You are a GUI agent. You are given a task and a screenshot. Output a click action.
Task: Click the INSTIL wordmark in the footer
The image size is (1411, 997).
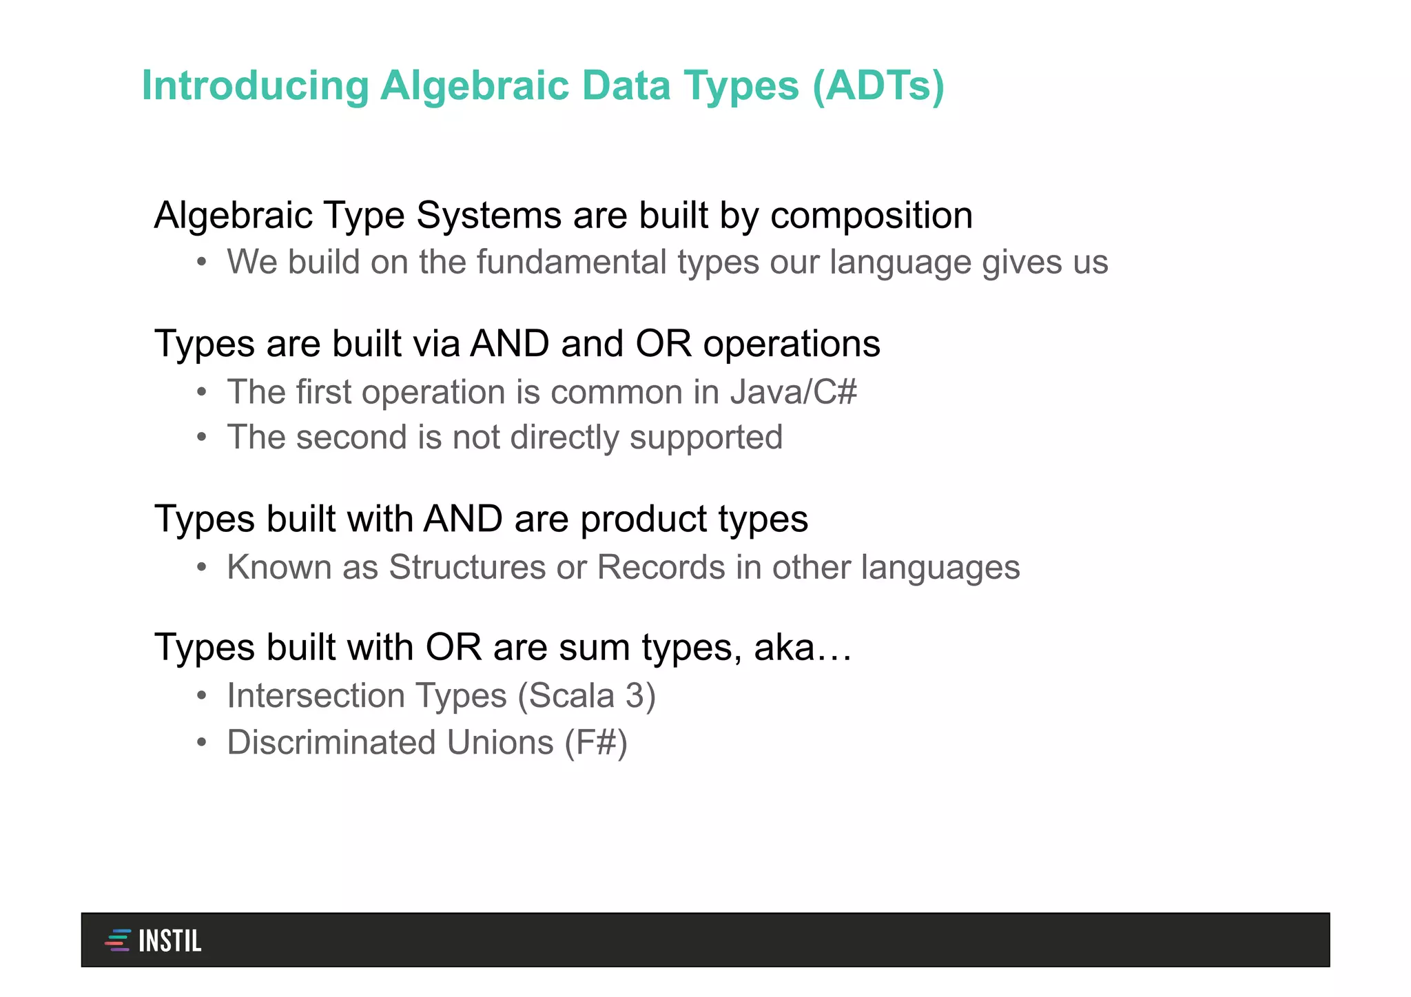169,941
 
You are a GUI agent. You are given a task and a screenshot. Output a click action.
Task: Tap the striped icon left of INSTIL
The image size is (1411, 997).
118,940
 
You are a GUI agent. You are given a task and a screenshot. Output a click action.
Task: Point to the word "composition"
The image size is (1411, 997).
871,216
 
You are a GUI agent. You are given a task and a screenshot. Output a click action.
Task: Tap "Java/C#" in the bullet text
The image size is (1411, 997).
793,392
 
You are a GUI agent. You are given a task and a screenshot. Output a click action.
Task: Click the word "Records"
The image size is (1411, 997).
661,568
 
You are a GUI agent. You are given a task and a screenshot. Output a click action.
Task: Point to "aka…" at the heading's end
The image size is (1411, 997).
803,648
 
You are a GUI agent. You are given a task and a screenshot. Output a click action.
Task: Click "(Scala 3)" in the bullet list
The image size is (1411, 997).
586,695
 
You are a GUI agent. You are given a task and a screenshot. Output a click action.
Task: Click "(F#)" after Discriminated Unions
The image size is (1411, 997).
596,743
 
